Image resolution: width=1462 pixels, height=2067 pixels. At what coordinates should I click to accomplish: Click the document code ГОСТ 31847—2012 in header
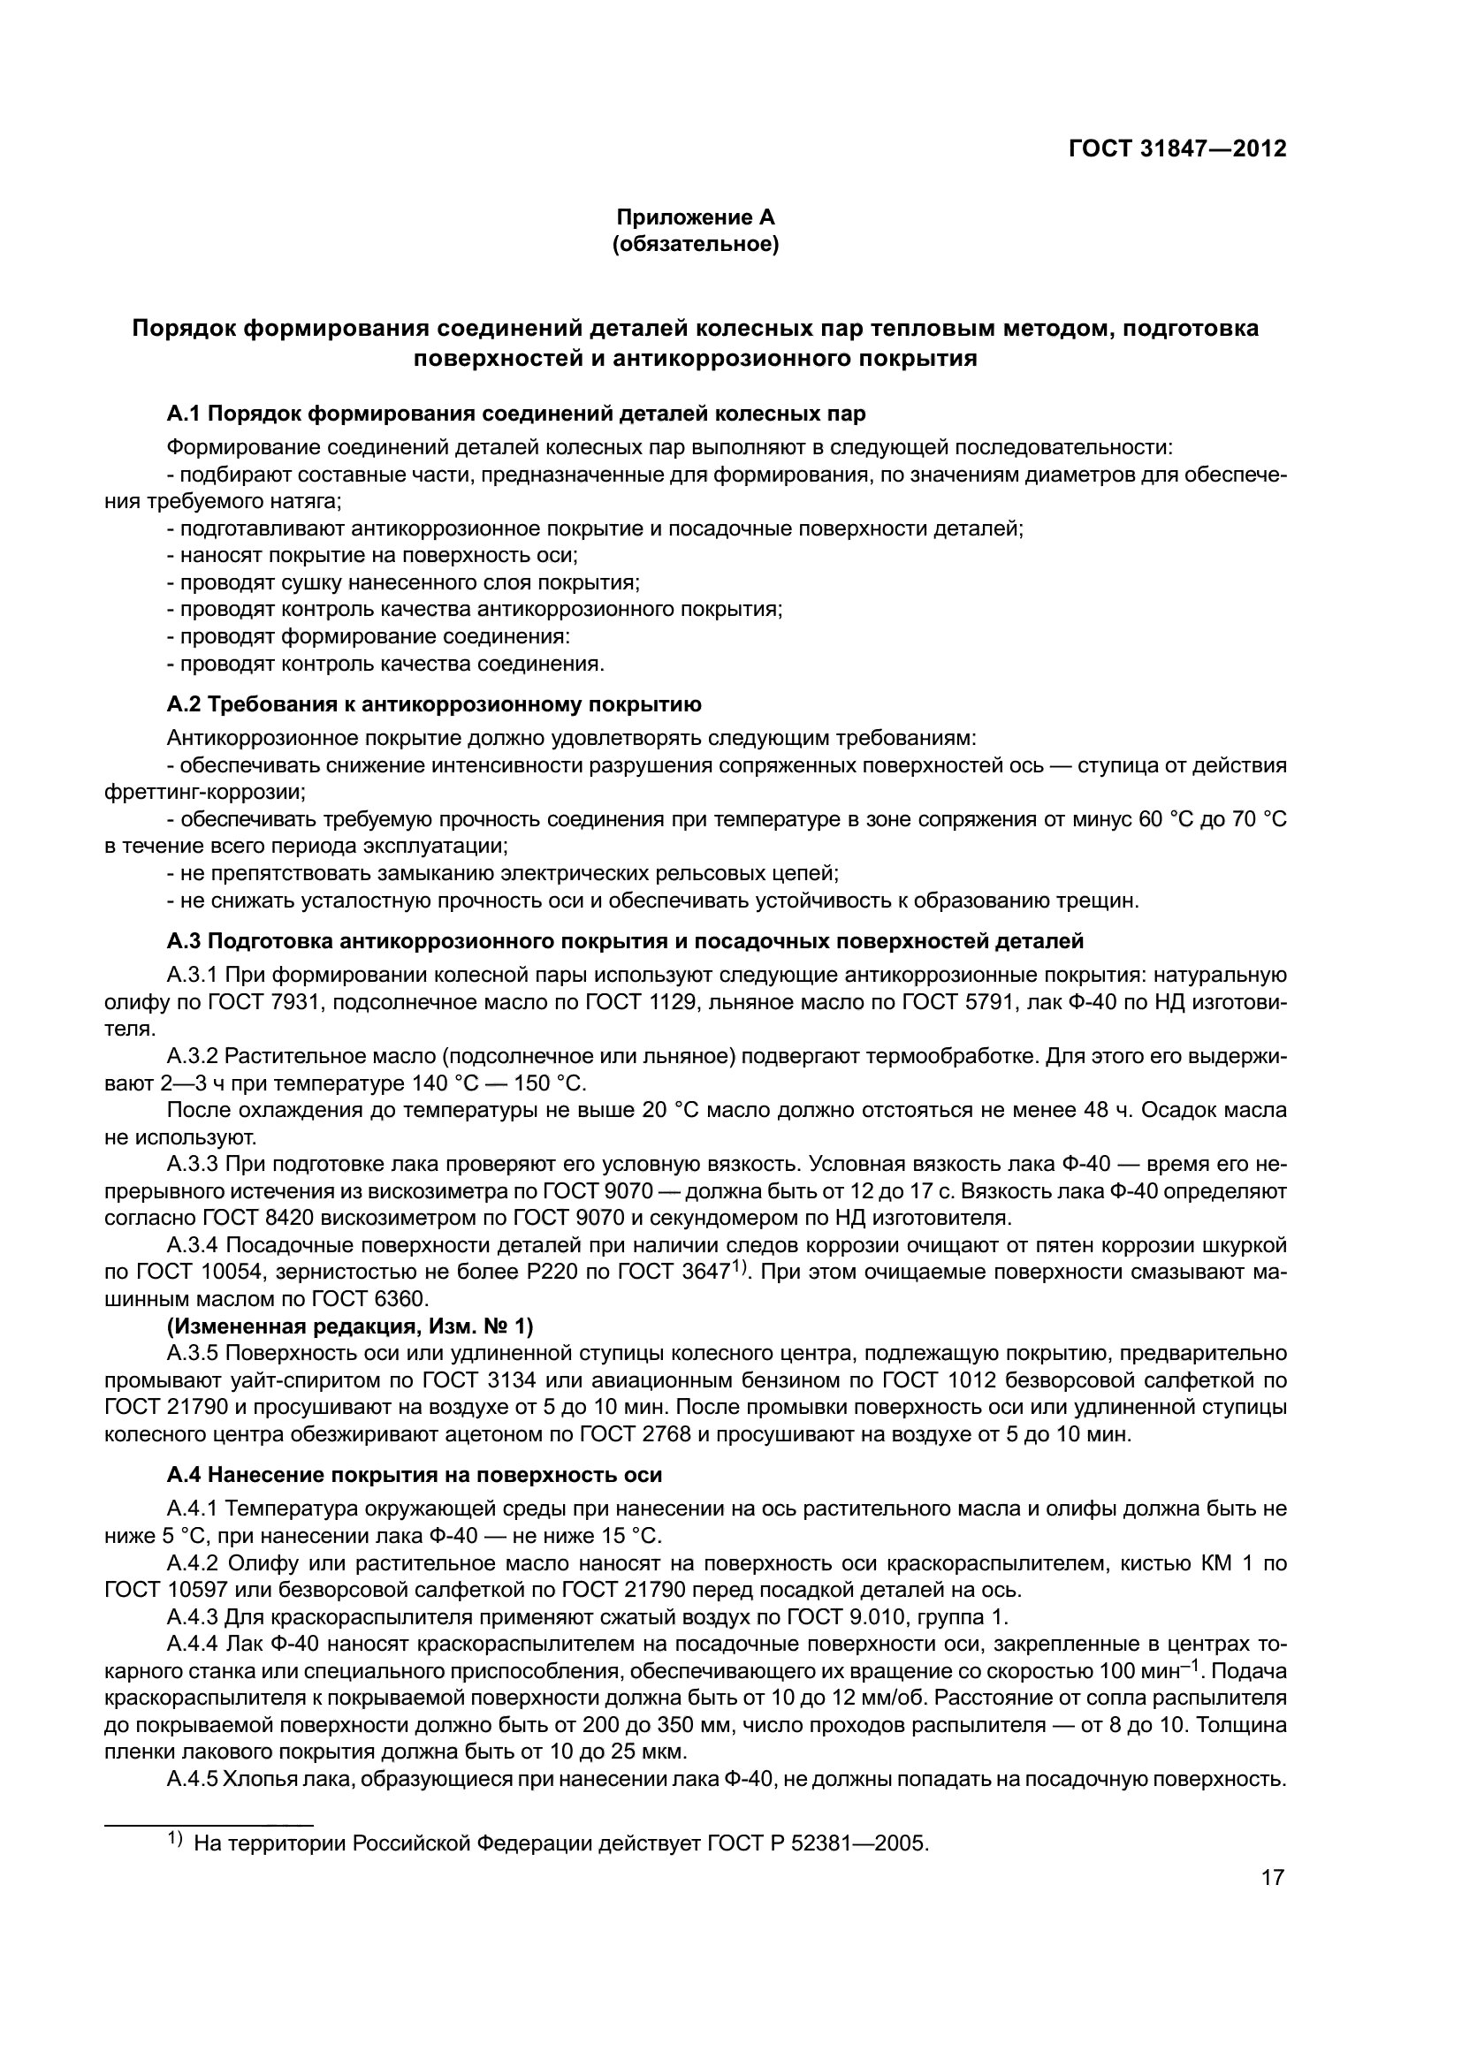1176,148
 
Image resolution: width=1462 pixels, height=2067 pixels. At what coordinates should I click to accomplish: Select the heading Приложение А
695,217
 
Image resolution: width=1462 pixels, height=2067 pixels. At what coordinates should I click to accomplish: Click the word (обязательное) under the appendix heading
695,244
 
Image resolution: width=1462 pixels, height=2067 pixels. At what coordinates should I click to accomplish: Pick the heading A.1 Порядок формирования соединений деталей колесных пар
516,414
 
